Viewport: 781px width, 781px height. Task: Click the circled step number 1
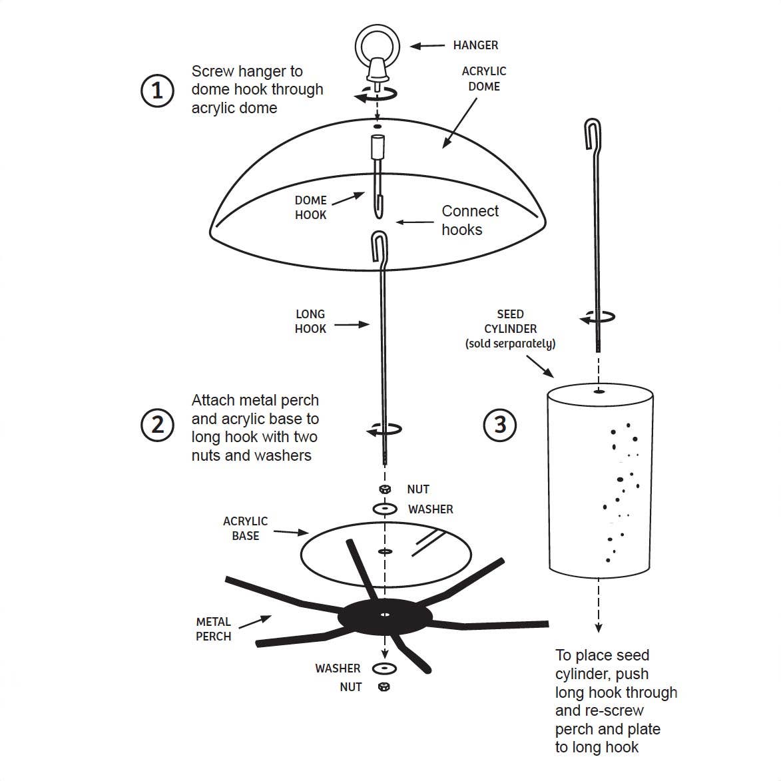[x=157, y=90]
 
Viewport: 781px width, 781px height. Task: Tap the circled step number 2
[x=157, y=424]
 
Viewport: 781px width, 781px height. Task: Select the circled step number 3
[x=500, y=424]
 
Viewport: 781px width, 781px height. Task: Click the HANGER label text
[x=475, y=45]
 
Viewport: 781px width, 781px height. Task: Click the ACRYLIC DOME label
[x=484, y=79]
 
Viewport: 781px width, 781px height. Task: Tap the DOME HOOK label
[x=310, y=207]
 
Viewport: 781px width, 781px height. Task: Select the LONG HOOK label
[x=310, y=321]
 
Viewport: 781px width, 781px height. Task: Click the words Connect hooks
[x=469, y=220]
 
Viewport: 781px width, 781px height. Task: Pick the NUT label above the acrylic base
[x=418, y=489]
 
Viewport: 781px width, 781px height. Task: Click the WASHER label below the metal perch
[x=338, y=668]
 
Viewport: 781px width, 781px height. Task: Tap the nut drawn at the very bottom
[x=384, y=686]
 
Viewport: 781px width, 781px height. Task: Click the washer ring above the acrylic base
[x=385, y=509]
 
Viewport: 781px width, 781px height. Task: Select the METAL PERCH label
[x=213, y=629]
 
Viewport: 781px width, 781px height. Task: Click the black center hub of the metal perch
[x=384, y=617]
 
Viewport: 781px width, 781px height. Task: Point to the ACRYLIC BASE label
[x=245, y=529]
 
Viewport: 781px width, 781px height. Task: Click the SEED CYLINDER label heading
[x=510, y=322]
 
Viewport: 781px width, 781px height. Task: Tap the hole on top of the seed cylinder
[x=599, y=391]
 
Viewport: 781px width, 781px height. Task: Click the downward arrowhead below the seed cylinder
[x=599, y=627]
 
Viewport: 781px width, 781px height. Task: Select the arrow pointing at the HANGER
[x=427, y=46]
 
